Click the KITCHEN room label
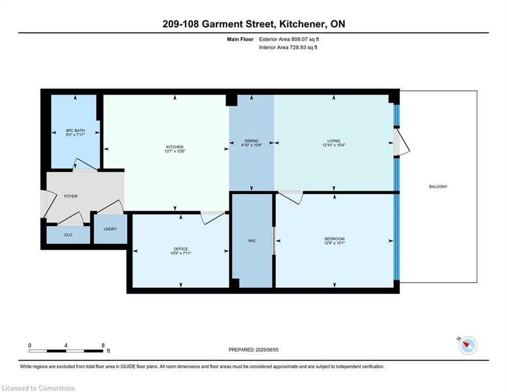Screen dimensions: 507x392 pyautogui.click(x=175, y=147)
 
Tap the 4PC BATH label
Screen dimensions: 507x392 pyautogui.click(x=75, y=131)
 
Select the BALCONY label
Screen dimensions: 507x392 pyautogui.click(x=438, y=187)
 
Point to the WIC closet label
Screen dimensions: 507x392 pyautogui.click(x=252, y=241)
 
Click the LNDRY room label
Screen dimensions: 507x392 pyautogui.click(x=110, y=229)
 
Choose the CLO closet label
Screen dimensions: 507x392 pyautogui.click(x=68, y=235)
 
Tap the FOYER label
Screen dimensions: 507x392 pyautogui.click(x=70, y=197)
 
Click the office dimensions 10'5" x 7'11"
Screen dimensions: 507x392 pyautogui.click(x=181, y=253)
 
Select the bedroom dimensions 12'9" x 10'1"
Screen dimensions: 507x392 pyautogui.click(x=334, y=242)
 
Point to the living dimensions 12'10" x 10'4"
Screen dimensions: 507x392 pyautogui.click(x=333, y=145)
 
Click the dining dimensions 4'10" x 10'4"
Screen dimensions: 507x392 pyautogui.click(x=251, y=145)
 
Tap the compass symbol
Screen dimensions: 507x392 pyautogui.click(x=468, y=346)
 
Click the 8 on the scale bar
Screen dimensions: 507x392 pyautogui.click(x=103, y=346)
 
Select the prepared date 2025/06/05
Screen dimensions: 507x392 pyautogui.click(x=267, y=350)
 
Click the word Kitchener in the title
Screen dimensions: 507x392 pyautogui.click(x=302, y=24)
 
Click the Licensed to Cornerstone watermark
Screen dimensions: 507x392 pyautogui.click(x=38, y=388)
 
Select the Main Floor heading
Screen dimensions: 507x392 pyautogui.click(x=240, y=39)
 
